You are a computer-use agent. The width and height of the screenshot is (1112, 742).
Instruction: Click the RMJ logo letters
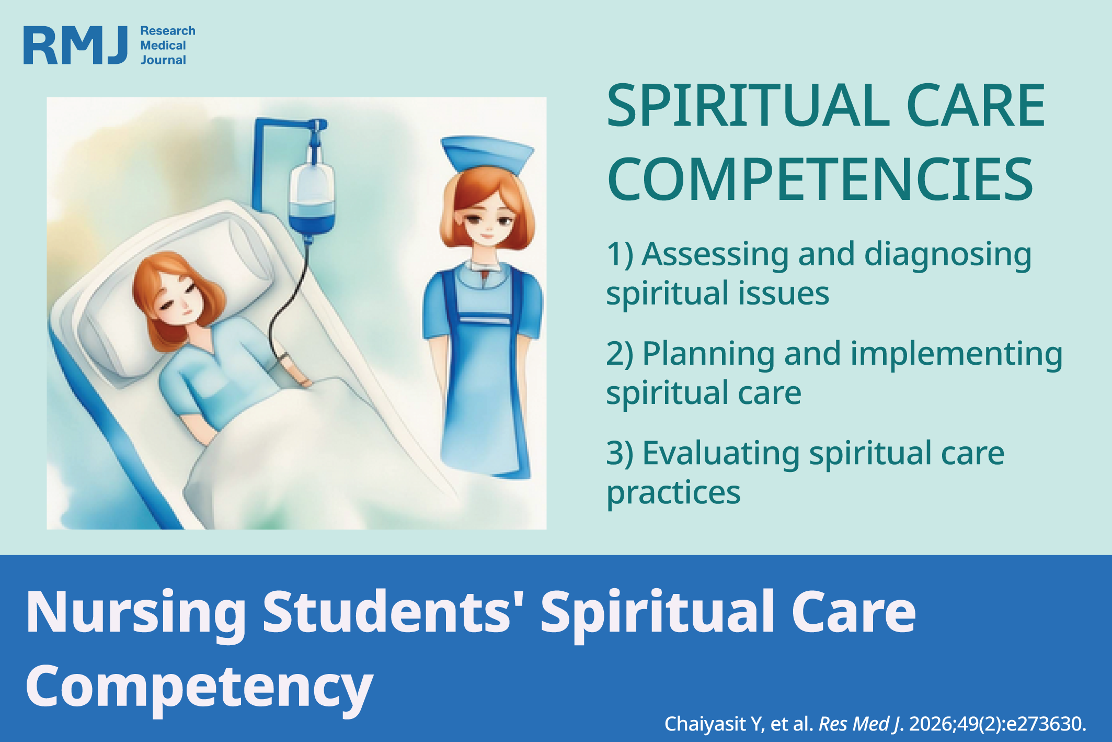click(76, 46)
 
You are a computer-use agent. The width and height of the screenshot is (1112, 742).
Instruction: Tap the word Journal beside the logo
click(163, 60)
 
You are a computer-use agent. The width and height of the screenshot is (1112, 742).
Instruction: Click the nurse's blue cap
click(487, 155)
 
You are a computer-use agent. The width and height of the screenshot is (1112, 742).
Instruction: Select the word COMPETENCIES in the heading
click(820, 179)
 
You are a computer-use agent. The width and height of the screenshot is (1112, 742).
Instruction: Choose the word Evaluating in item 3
click(721, 454)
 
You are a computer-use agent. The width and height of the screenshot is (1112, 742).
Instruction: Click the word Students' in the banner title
click(387, 611)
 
